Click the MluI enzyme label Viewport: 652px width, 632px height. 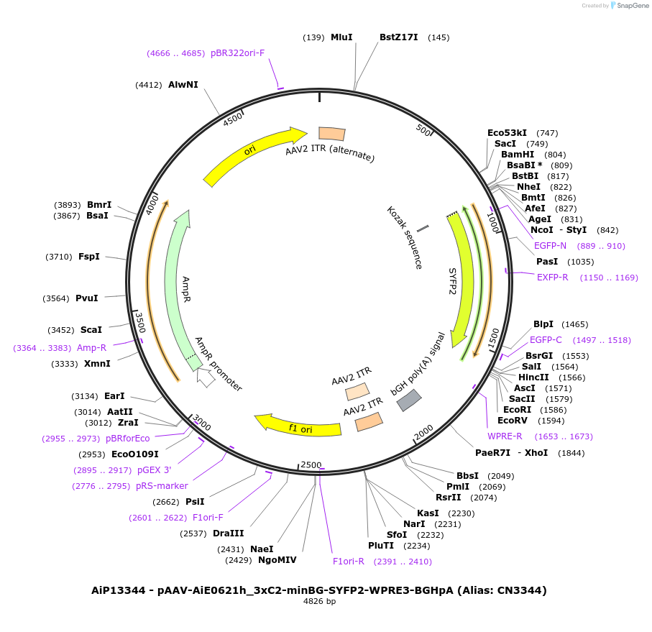coord(341,37)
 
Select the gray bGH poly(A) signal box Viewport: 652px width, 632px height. coord(409,400)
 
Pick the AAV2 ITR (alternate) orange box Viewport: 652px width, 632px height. coord(332,133)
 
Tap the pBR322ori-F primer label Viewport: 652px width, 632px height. coord(237,53)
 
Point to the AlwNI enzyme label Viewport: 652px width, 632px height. coord(183,85)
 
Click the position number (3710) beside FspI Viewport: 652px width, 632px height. coord(58,256)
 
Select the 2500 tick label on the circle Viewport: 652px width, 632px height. coord(311,464)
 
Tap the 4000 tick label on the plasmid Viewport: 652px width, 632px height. coord(151,204)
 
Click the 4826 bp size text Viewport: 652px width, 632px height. coord(319,602)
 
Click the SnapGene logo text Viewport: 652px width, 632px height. coord(630,6)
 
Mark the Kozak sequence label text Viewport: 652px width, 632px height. coord(404,238)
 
